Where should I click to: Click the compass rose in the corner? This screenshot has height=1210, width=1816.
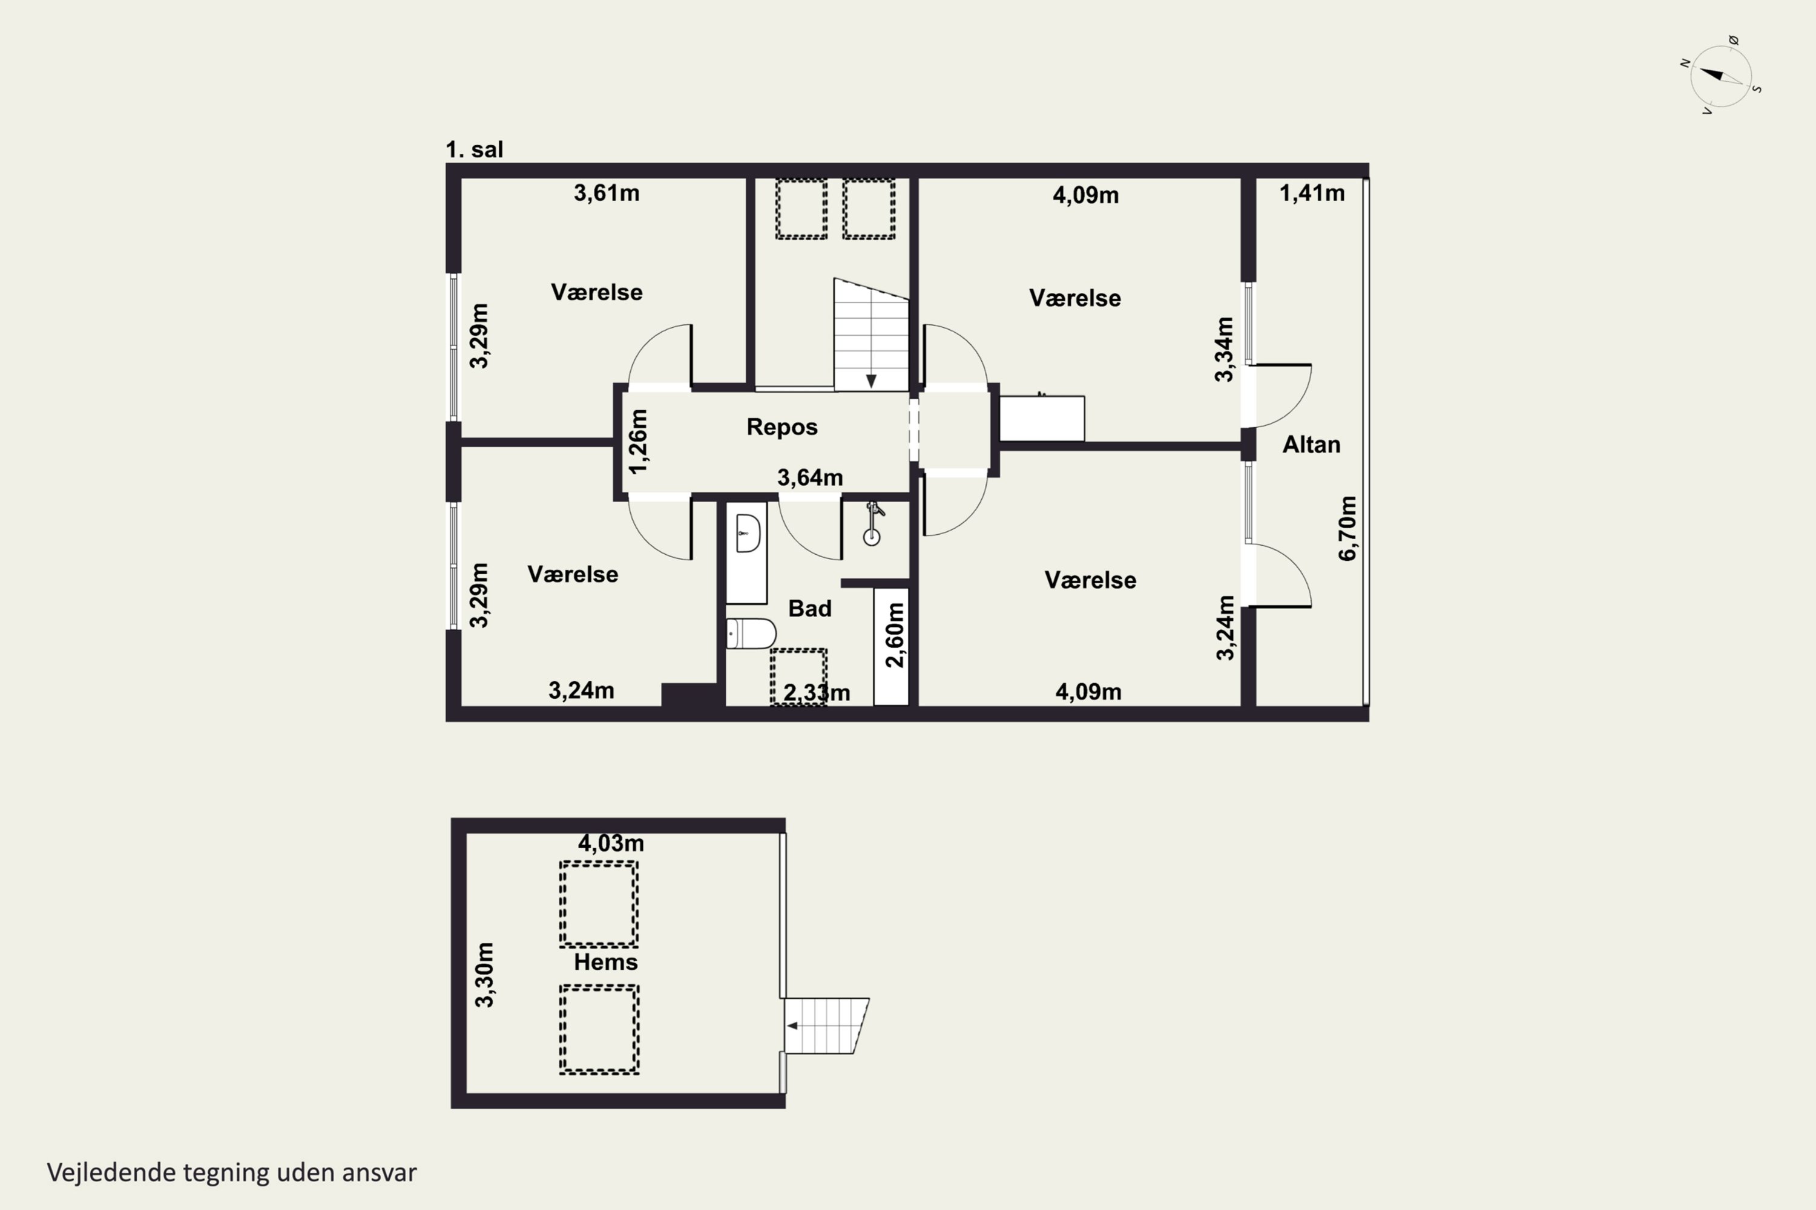click(1721, 76)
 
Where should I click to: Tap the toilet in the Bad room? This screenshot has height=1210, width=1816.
click(751, 634)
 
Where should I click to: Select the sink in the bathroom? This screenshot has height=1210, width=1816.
click(748, 533)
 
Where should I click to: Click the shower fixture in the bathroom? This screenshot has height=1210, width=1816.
click(872, 524)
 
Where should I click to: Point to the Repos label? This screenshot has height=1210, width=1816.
click(781, 427)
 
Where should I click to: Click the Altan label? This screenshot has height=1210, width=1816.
click(1311, 445)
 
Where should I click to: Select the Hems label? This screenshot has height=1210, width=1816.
click(605, 963)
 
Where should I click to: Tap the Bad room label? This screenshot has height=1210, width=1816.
click(810, 608)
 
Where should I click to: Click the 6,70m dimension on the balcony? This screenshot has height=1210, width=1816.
click(1347, 529)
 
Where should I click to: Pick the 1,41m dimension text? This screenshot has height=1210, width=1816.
click(1312, 193)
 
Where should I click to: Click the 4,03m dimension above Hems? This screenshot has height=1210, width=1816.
click(611, 843)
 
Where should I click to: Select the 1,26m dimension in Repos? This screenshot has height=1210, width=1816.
click(639, 442)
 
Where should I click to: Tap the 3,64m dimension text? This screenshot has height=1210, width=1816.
click(810, 478)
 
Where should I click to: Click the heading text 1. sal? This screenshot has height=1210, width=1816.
click(474, 149)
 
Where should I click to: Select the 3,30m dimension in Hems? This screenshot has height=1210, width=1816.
click(484, 975)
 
